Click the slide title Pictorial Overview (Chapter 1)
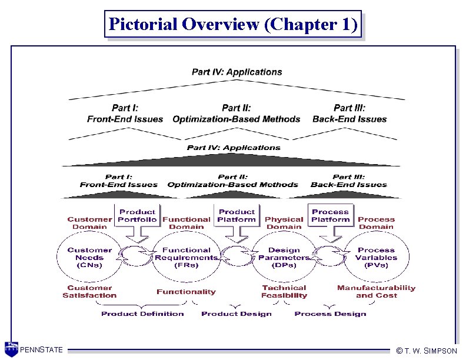233,25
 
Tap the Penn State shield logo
11,348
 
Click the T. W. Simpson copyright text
427,351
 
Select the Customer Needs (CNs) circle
89,257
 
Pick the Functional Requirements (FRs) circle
186,257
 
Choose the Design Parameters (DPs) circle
284,257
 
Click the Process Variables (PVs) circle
376,257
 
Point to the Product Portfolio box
138,216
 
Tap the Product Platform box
237,216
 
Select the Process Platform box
330,216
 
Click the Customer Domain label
89,223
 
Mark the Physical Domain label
284,223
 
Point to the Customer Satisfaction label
89,292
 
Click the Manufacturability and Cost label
376,292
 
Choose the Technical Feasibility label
284,292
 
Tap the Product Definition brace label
142,314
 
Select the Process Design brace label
330,314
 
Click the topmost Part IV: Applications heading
237,72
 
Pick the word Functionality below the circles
186,292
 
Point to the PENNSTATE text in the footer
41,351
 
